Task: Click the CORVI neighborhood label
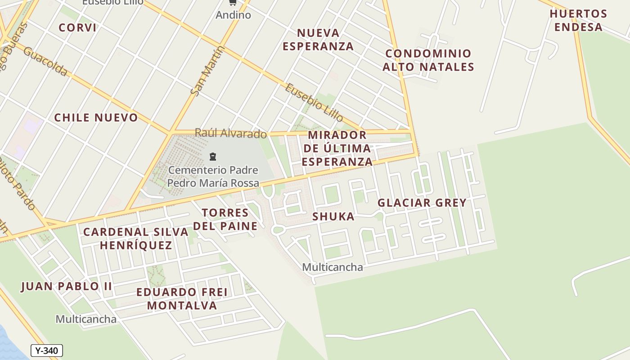coord(77,27)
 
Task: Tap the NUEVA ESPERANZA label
coord(318,40)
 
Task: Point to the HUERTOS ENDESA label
coord(578,20)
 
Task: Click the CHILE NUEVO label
coord(96,118)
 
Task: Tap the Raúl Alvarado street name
coord(230,134)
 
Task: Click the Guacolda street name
coord(45,62)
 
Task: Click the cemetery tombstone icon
coord(213,157)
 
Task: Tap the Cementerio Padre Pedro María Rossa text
coord(213,176)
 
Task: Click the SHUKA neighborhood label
coord(333,216)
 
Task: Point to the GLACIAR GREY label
coord(422,203)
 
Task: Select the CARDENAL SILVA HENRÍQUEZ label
coord(135,238)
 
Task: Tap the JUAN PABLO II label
coord(66,287)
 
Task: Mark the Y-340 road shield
coord(47,351)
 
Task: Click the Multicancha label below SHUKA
coord(332,267)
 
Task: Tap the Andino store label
coord(233,15)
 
